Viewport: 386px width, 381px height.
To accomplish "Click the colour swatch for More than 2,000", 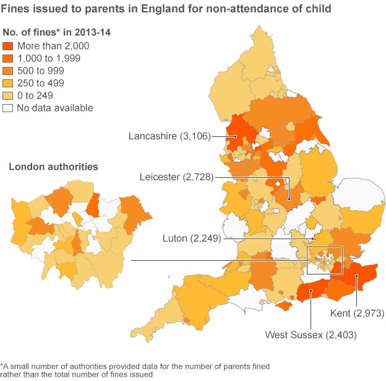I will click(8, 46).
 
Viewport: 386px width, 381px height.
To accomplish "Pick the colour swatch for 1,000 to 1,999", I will click(8, 58).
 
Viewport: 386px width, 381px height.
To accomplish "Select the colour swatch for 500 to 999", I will click(8, 71).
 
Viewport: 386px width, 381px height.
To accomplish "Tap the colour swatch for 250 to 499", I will click(8, 83).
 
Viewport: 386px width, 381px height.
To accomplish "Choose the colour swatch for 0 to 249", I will click(8, 95).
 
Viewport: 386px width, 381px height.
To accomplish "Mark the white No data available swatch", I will click(8, 108).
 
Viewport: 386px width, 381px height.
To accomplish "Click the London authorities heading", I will click(53, 167).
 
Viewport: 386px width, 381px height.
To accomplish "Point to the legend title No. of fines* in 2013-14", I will click(57, 32).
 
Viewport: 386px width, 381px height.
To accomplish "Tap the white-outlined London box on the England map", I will click(324, 261).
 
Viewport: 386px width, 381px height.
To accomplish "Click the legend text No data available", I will click(55, 108).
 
